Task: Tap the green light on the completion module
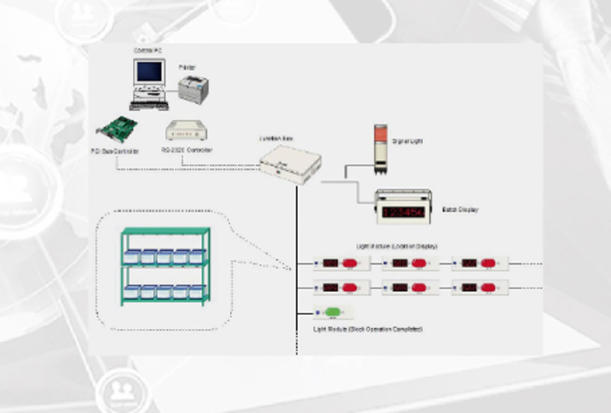pyautogui.click(x=333, y=312)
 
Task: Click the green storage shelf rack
pyautogui.click(x=165, y=265)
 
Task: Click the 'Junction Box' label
pyautogui.click(x=277, y=139)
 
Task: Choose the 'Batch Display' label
pyautogui.click(x=460, y=209)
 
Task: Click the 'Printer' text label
pyautogui.click(x=187, y=67)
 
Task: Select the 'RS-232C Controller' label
pyautogui.click(x=187, y=150)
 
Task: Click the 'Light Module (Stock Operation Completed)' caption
pyautogui.click(x=368, y=328)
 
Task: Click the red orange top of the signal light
pyautogui.click(x=381, y=132)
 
